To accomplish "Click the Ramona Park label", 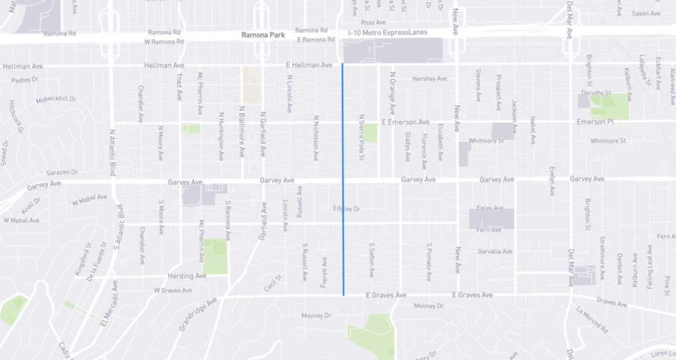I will (x=263, y=34).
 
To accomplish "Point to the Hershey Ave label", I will (x=429, y=79).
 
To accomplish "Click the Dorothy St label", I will (x=601, y=92).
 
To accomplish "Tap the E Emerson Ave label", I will (x=406, y=122).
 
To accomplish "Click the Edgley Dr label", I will (x=347, y=209).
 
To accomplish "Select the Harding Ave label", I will (x=187, y=275).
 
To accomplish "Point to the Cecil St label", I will (x=273, y=282).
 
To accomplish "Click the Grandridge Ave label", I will (x=197, y=314).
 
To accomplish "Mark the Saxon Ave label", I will (x=646, y=13).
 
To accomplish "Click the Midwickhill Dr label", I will (x=55, y=99).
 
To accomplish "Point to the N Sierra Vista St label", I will (x=362, y=137).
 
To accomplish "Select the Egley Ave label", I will (x=490, y=208).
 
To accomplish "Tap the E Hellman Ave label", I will (x=309, y=65).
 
